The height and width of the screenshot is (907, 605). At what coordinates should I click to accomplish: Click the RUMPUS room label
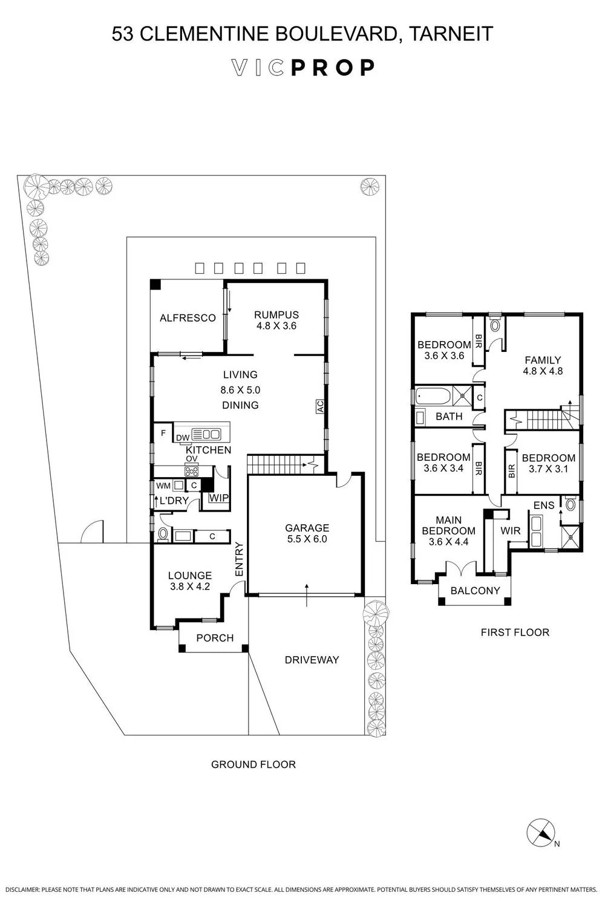276,314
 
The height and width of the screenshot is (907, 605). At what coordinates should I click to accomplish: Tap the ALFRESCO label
188,318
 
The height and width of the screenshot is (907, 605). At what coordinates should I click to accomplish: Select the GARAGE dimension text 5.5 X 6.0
307,539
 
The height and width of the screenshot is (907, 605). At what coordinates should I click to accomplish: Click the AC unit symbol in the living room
320,406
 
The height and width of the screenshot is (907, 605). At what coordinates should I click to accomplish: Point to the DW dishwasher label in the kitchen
183,437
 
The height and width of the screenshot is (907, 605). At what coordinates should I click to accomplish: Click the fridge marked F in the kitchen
163,433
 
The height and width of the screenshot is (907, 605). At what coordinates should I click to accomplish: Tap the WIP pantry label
219,498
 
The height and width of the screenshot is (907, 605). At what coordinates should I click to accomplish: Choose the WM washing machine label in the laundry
163,486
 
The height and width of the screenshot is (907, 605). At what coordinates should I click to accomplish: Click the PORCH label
215,638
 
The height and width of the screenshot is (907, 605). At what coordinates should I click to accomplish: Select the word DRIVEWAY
312,660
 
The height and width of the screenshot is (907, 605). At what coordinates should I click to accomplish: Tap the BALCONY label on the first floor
475,590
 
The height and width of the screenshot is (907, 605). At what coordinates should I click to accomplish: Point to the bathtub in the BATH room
433,395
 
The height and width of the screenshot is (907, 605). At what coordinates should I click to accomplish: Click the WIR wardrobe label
510,530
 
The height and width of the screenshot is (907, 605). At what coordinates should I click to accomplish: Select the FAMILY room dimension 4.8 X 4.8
543,371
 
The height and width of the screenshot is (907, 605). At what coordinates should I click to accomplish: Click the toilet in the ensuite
570,504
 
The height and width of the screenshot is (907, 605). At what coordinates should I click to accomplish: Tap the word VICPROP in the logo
302,68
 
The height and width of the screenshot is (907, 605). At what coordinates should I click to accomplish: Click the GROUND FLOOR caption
253,764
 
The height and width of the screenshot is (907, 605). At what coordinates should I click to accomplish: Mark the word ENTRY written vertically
239,559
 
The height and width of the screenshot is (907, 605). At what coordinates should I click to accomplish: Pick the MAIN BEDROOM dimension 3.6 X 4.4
448,541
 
